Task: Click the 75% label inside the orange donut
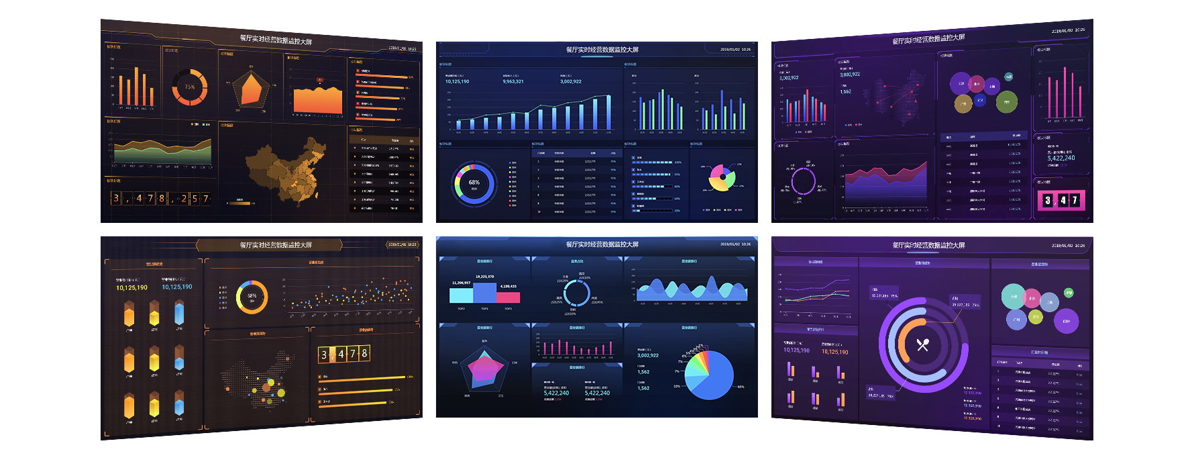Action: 190,87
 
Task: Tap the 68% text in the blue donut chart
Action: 474,183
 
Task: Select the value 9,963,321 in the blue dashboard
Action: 513,81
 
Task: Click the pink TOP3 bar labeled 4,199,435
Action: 508,297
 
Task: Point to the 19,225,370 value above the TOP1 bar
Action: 484,277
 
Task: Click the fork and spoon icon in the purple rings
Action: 923,344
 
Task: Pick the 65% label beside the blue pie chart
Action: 741,387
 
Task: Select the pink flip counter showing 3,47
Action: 1061,200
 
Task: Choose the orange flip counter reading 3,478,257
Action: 161,198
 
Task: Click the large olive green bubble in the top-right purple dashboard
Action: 1006,101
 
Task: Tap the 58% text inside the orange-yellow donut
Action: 252,296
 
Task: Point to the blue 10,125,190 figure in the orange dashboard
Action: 177,287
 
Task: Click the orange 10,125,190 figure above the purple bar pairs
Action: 834,352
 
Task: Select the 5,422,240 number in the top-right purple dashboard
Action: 1061,158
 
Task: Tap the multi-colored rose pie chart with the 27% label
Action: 720,177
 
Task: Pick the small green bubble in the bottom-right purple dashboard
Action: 1069,293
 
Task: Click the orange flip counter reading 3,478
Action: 344,354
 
